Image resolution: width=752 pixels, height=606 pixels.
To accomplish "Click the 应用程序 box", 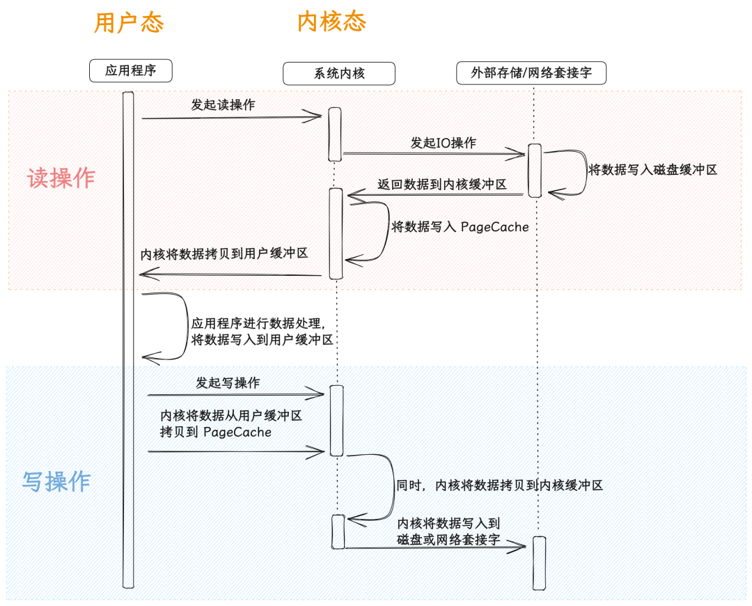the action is (x=130, y=70).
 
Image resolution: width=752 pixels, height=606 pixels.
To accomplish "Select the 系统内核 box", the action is (x=339, y=73).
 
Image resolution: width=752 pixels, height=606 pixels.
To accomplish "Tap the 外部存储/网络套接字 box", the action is (x=531, y=73).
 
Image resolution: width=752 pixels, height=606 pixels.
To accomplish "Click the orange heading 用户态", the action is (x=129, y=22).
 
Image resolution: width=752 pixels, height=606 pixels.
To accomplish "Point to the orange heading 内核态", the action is (x=332, y=22).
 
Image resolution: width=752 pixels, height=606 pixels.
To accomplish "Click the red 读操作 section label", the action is (x=61, y=178).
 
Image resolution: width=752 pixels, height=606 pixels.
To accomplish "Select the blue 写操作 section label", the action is (x=56, y=481).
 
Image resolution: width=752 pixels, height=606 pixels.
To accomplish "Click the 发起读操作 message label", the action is (x=223, y=104).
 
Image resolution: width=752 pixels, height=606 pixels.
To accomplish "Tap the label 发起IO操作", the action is (x=443, y=143).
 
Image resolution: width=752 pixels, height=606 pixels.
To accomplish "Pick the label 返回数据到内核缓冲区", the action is (x=441, y=185).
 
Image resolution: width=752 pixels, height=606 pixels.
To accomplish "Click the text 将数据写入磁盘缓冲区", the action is (x=652, y=169).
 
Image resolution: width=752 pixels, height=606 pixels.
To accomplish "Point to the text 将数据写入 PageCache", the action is (x=460, y=226).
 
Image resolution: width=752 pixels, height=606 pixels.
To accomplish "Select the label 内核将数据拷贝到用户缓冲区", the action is (x=224, y=254).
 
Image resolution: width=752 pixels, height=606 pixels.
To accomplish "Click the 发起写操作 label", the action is (x=228, y=382).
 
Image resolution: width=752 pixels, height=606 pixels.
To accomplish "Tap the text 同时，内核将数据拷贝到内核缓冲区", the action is (x=499, y=485).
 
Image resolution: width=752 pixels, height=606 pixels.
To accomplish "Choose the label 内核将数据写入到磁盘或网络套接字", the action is (x=448, y=531).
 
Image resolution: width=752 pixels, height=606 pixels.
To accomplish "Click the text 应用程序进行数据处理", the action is (x=256, y=323).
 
